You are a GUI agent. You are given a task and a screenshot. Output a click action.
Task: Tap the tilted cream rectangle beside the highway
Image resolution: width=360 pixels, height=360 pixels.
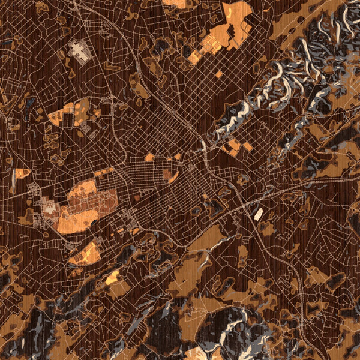coord(259,214)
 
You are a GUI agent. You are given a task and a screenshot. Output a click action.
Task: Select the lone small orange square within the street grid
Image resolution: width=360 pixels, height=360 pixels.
coord(219,75)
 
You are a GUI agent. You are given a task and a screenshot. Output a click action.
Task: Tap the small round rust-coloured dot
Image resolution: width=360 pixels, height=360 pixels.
coord(136,197)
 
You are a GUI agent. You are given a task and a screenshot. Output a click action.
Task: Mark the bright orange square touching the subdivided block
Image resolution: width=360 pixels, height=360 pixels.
coord(194,58)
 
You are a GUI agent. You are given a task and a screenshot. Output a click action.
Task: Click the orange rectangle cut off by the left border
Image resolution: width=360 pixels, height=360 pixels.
coord(23,173)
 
